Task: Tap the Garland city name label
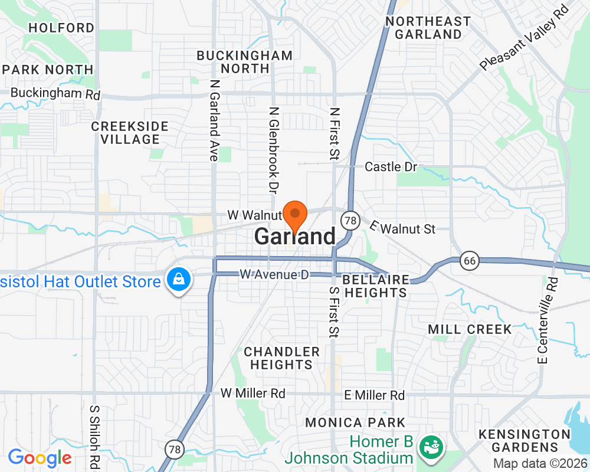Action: pyautogui.click(x=294, y=237)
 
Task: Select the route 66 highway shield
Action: pyautogui.click(x=469, y=260)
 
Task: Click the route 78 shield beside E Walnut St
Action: pyautogui.click(x=350, y=221)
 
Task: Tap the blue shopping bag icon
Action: pyautogui.click(x=177, y=279)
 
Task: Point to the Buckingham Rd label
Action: pyautogui.click(x=55, y=93)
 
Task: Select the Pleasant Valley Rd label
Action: pyautogui.click(x=524, y=37)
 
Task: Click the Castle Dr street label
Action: pyautogui.click(x=391, y=167)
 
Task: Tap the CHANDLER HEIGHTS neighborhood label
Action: pyautogui.click(x=281, y=358)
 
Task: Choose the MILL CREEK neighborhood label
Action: pyautogui.click(x=470, y=329)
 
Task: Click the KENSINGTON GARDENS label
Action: pyautogui.click(x=525, y=441)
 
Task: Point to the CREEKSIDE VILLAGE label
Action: pyautogui.click(x=130, y=133)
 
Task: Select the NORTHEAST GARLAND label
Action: pyautogui.click(x=428, y=28)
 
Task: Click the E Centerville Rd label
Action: pyautogui.click(x=546, y=320)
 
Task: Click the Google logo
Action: pyautogui.click(x=40, y=457)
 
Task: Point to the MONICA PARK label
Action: pyautogui.click(x=355, y=422)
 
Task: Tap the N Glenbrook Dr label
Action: pyautogui.click(x=273, y=150)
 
